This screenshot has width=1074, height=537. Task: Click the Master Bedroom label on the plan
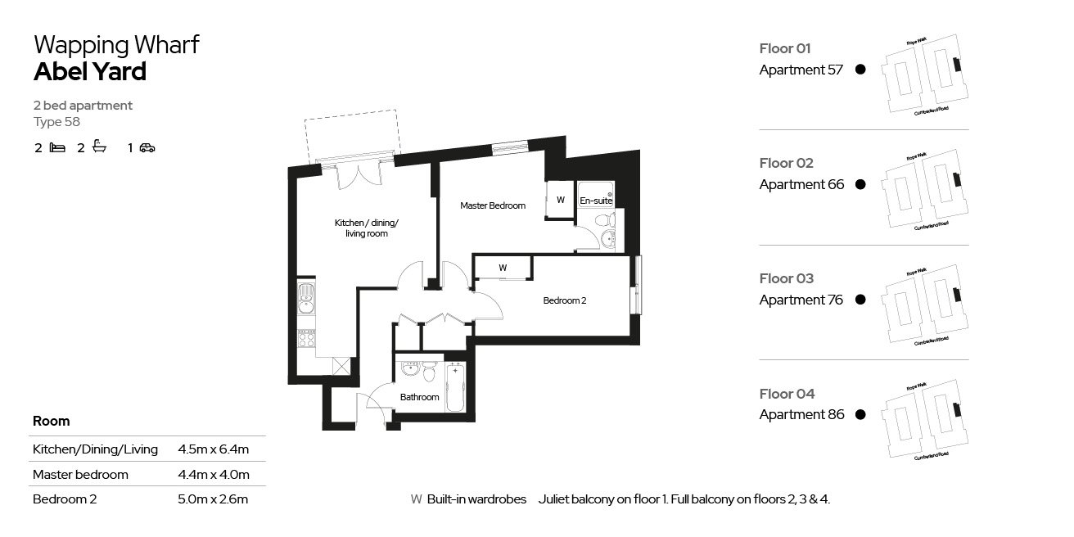(x=492, y=205)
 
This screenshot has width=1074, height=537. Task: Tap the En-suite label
(x=595, y=201)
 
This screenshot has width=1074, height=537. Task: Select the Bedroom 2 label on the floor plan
(x=565, y=300)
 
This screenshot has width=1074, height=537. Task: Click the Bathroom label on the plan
(x=419, y=397)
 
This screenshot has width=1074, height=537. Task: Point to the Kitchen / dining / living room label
(x=367, y=228)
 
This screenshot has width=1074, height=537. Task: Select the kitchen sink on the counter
(x=305, y=300)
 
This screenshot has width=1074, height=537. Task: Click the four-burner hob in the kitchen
(x=305, y=337)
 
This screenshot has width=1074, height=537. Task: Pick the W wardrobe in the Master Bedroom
(x=560, y=200)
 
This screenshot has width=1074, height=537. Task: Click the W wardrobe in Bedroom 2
(x=503, y=268)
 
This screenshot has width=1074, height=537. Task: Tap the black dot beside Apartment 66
(x=860, y=185)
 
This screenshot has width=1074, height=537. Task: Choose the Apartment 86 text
(x=801, y=414)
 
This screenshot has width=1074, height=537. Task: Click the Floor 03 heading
(x=786, y=278)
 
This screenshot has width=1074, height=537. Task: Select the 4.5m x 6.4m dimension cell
(x=213, y=449)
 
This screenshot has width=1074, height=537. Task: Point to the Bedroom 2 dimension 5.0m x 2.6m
(x=213, y=499)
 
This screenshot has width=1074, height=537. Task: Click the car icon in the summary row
(x=147, y=148)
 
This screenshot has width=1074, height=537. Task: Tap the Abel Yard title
(x=90, y=72)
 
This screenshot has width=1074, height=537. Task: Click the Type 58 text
(x=56, y=122)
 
